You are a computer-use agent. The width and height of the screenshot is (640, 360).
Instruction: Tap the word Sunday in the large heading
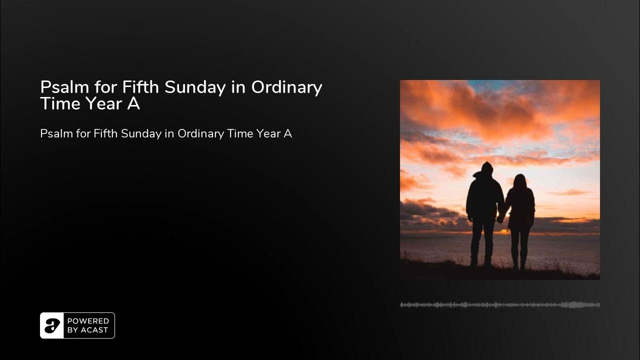click(x=195, y=87)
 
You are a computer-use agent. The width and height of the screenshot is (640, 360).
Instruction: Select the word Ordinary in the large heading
click(x=286, y=87)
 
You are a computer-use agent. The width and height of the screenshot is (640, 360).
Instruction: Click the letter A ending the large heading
click(x=134, y=104)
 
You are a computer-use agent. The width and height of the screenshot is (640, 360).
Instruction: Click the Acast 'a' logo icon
click(x=52, y=325)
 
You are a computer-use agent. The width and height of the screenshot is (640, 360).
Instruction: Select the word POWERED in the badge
click(x=87, y=321)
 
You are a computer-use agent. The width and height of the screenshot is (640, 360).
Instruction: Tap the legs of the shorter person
click(x=520, y=247)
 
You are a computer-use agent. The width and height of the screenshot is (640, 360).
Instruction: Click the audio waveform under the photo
click(x=500, y=304)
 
